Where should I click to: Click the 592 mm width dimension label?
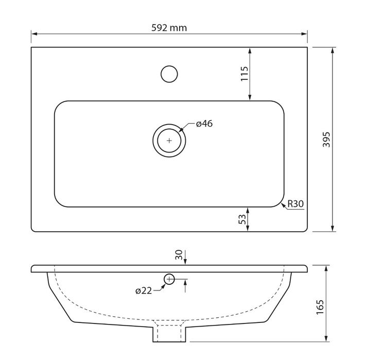point(169,28)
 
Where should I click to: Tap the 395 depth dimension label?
point(326,140)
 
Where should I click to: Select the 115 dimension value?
point(244,74)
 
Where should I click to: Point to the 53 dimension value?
point(242,219)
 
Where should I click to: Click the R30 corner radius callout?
point(295,204)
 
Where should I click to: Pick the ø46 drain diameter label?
point(204,124)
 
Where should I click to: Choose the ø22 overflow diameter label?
point(144,291)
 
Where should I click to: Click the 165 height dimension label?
point(320,307)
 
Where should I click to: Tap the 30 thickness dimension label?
point(179,255)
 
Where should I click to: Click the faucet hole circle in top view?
point(169,66)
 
